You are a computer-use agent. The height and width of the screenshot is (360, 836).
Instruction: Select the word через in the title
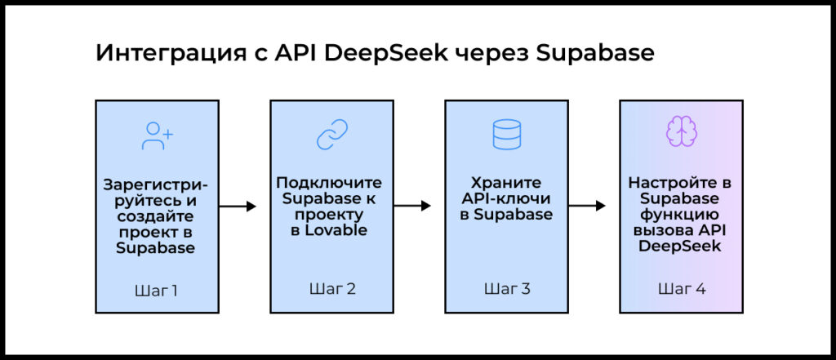coord(492,54)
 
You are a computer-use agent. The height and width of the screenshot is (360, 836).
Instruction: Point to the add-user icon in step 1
coord(157,136)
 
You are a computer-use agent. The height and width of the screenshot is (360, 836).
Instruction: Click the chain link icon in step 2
coord(332,134)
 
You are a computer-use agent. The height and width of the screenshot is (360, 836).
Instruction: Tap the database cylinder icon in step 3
coord(506,134)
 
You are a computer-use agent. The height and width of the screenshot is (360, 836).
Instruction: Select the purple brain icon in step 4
coord(681,131)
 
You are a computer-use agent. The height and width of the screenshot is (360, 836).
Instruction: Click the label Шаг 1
coord(157,291)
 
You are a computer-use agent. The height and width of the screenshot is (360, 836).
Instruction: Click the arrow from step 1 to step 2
coord(238,206)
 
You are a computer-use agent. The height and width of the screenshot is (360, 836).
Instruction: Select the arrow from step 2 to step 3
coord(412,206)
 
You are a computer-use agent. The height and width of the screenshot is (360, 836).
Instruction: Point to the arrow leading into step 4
coord(587,206)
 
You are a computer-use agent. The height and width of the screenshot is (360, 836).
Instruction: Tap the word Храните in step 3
coord(506,182)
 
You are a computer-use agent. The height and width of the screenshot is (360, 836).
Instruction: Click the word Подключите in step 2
coord(329,182)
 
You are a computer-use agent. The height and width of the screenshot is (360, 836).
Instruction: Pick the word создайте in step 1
coord(155,217)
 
